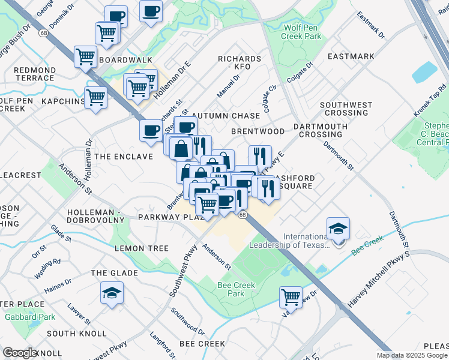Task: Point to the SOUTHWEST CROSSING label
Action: (346, 109)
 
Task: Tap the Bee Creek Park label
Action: (235, 289)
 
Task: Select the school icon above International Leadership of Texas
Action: (338, 228)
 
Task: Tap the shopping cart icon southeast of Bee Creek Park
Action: (291, 296)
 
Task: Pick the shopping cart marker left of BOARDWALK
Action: (85, 56)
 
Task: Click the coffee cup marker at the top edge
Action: (151, 10)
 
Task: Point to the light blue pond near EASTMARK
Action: (425, 73)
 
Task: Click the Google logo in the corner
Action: (20, 353)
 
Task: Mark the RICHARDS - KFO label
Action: (240, 63)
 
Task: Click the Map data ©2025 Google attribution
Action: (412, 355)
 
